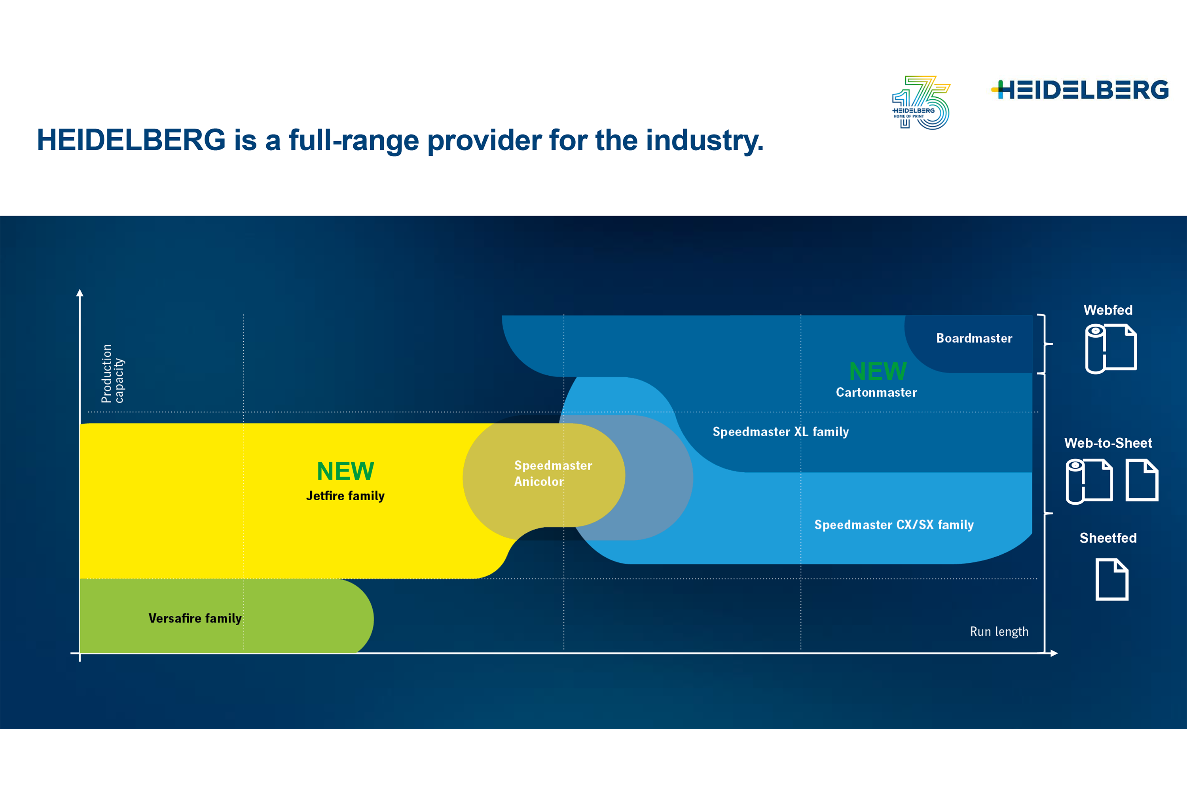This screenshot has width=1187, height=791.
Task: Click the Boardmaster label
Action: tap(974, 338)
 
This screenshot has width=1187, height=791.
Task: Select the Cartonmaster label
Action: tap(876, 392)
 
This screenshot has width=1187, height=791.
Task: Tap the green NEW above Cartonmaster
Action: tap(878, 371)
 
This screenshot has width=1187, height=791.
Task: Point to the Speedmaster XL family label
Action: tap(781, 432)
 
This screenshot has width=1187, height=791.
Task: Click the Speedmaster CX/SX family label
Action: tap(894, 525)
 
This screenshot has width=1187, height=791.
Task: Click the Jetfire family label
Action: tap(345, 496)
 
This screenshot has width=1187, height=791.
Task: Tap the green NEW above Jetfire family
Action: tap(345, 471)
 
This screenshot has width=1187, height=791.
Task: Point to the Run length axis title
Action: tap(999, 632)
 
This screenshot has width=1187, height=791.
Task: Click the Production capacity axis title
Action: tap(112, 373)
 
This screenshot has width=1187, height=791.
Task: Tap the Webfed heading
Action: tap(1108, 310)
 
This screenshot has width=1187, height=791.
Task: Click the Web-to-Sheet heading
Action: tap(1108, 443)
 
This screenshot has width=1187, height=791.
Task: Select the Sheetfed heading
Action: tap(1108, 538)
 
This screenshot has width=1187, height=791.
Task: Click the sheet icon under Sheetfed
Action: tap(1112, 579)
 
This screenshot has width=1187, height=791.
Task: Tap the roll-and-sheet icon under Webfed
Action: tap(1111, 348)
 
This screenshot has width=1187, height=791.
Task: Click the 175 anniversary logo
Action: tap(921, 102)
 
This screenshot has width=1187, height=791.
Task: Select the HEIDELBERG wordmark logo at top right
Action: tap(1079, 90)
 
